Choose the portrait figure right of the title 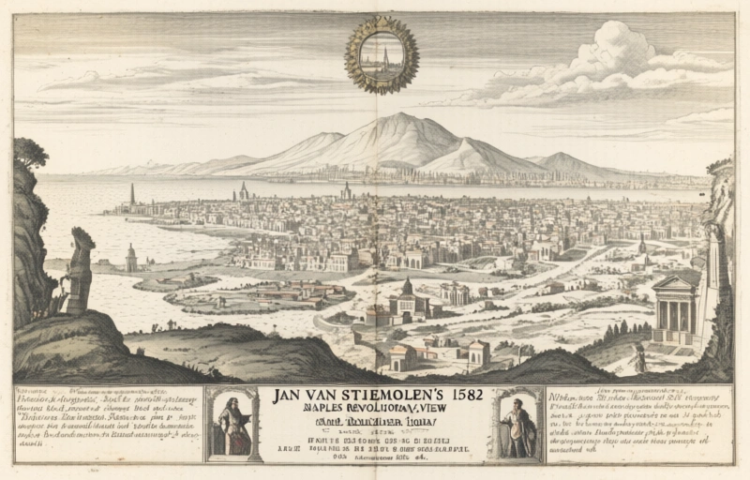pos(517,427)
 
